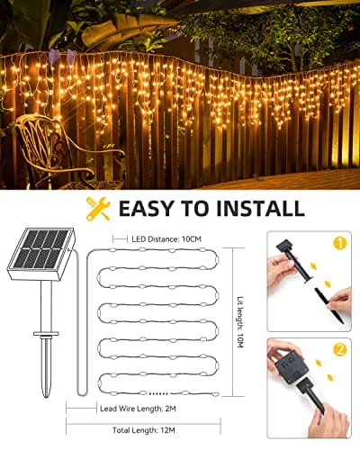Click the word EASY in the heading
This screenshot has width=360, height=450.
click(147, 208)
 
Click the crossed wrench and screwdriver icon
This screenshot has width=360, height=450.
click(98, 208)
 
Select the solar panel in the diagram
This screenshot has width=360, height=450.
click(41, 253)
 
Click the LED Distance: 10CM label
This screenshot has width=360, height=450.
click(166, 239)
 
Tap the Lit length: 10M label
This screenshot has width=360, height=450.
click(240, 322)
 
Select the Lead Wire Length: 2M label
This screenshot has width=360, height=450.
click(138, 409)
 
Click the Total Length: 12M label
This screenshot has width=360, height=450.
click(144, 430)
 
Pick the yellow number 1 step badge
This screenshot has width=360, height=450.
click(339, 243)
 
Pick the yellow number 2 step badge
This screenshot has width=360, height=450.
click(339, 349)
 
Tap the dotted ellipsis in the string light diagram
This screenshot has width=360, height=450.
click(158, 393)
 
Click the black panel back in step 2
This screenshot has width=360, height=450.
click(292, 364)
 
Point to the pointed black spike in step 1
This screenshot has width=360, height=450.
click(329, 305)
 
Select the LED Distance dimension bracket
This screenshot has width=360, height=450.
click(120, 239)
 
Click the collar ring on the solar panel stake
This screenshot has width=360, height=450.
click(46, 333)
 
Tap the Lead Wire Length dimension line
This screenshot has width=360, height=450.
click(81, 409)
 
